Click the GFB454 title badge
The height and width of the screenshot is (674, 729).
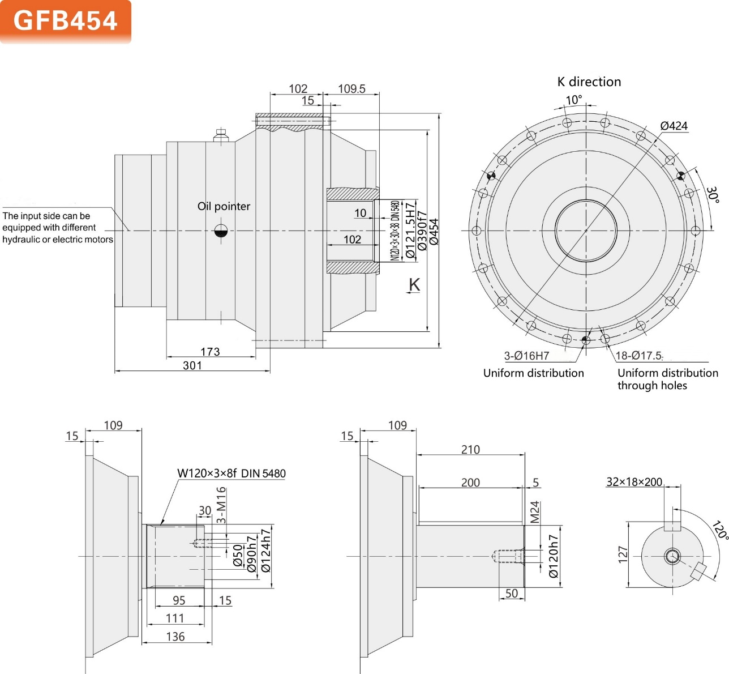[x=65, y=21]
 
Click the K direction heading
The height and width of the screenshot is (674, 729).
[x=589, y=82]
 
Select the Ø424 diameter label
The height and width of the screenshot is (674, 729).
[x=674, y=126]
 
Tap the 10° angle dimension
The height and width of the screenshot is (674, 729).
[x=573, y=100]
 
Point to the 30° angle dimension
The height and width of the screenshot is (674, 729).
[x=713, y=194]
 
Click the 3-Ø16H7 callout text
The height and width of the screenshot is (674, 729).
[x=526, y=356]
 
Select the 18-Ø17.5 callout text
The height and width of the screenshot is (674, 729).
[x=638, y=356]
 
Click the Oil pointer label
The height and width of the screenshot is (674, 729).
[x=224, y=206]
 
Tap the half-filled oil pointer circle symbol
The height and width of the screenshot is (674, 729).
[x=221, y=231]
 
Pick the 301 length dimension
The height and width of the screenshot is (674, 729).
[x=192, y=365]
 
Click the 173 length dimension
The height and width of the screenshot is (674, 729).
[x=210, y=352]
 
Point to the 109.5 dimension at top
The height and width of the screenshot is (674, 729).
[x=351, y=89]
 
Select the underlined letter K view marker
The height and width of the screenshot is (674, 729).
[x=414, y=285]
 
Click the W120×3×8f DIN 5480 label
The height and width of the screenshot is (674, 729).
[x=231, y=473]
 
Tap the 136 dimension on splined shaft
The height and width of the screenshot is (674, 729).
[x=175, y=637]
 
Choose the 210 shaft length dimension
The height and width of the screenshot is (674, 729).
[x=470, y=450]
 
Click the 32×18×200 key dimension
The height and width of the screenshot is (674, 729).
[x=634, y=482]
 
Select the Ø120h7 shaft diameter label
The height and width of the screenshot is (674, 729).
[x=554, y=556]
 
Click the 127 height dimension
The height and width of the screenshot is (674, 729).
[x=623, y=554]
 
